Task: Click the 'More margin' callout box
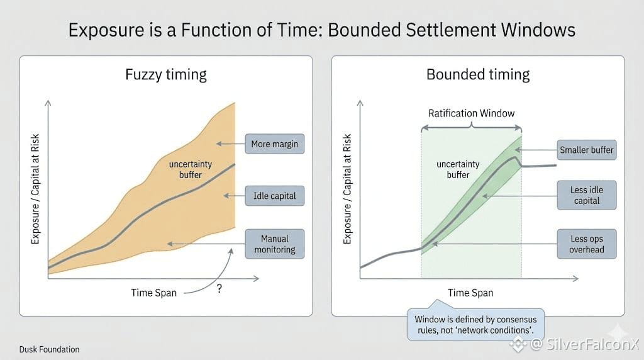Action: (275, 144)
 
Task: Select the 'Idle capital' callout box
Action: (275, 196)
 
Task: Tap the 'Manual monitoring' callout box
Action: (275, 244)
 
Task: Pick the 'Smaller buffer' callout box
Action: (587, 150)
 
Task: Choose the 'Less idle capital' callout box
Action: (587, 195)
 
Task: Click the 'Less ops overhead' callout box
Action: (587, 244)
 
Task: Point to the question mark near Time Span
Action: (219, 288)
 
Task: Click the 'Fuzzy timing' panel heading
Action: (166, 75)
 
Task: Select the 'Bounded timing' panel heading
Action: (478, 75)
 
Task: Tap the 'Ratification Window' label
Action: (471, 113)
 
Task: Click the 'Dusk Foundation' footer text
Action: (49, 349)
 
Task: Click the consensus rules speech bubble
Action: (475, 324)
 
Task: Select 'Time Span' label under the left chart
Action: (153, 293)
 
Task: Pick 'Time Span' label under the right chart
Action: (470, 293)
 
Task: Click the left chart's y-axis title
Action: (35, 189)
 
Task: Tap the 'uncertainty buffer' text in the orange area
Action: (190, 169)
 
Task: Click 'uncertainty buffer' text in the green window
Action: (458, 169)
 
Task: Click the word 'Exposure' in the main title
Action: (106, 30)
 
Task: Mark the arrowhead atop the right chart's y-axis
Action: (360, 103)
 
